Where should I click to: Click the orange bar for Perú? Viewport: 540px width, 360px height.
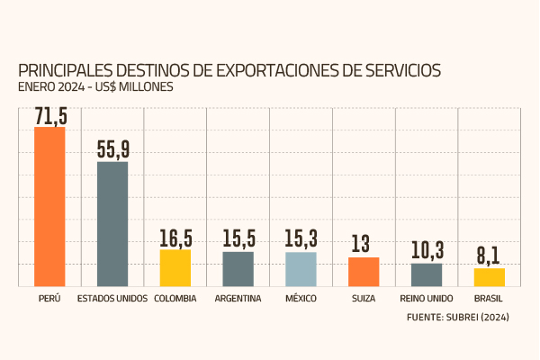[49, 206]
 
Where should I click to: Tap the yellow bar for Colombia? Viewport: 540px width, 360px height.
[175, 267]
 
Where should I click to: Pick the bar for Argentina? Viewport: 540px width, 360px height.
[238, 268]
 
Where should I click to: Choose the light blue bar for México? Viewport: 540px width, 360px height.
[301, 268]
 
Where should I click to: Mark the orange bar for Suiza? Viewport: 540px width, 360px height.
[364, 271]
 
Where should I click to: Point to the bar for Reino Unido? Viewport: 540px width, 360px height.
[427, 274]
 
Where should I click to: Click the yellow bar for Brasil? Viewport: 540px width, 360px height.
[490, 276]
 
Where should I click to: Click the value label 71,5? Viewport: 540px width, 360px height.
[49, 116]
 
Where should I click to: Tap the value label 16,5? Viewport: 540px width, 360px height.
[175, 238]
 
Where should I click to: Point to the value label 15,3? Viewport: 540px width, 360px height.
[301, 241]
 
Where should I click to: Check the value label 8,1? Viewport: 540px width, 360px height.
[489, 256]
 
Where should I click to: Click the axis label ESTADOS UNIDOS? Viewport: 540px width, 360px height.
[112, 299]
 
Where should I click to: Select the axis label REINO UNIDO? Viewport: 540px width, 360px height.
[427, 299]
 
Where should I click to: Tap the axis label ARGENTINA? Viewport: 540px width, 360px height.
[238, 299]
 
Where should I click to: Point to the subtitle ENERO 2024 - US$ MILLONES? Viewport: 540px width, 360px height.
[95, 87]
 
